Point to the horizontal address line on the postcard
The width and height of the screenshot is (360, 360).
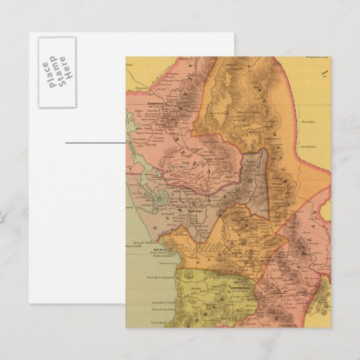95,143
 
